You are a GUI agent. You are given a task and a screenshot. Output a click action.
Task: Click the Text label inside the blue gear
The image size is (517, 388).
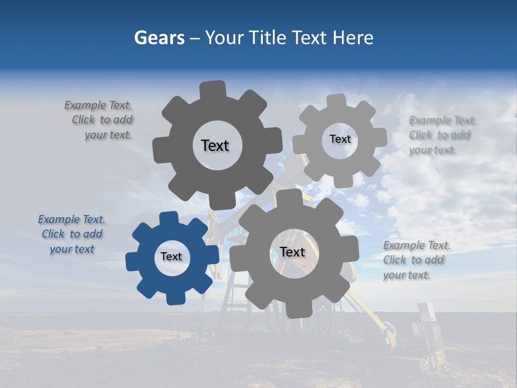click(x=171, y=257)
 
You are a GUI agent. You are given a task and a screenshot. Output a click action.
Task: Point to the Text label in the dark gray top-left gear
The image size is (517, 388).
click(x=215, y=145)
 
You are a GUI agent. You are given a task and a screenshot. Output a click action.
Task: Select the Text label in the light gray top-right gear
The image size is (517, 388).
click(x=340, y=139)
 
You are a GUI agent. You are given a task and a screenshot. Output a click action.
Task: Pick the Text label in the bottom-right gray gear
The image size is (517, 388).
click(x=292, y=252)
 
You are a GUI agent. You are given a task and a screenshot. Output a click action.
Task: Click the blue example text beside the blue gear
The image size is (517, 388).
click(x=72, y=234)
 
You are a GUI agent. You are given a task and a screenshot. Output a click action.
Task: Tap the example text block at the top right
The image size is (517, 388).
click(x=440, y=135)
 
